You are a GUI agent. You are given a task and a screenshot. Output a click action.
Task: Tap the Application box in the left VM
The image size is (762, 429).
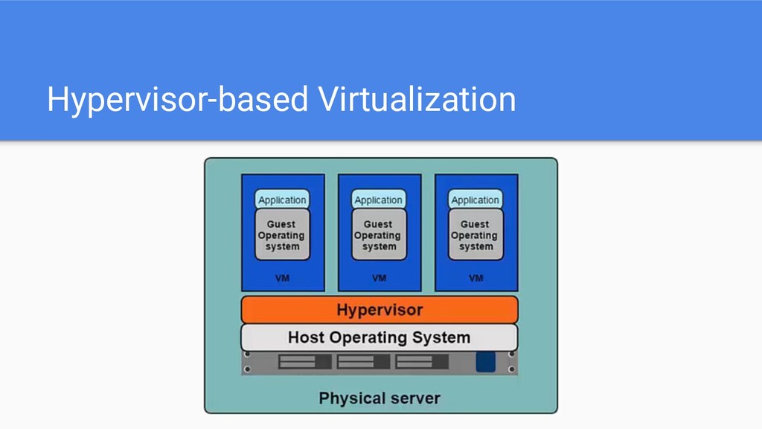281,200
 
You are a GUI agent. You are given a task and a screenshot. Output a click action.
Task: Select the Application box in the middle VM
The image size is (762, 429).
378,200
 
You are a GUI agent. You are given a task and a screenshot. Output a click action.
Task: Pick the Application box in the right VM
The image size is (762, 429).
475,200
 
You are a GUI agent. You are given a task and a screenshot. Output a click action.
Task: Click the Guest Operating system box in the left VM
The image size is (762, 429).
281,235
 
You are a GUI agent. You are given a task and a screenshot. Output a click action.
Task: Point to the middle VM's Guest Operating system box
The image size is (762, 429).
378,235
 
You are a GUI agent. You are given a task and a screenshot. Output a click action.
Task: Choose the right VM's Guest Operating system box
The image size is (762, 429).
475,235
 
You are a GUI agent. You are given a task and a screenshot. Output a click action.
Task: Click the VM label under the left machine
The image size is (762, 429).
282,278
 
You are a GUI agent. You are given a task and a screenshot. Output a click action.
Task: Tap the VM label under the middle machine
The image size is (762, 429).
379,278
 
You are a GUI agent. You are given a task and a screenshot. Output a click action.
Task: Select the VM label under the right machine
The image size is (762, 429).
476,278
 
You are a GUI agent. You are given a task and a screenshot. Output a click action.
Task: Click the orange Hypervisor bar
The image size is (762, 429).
379,309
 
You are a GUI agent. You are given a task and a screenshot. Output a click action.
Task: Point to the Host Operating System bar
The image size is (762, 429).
379,337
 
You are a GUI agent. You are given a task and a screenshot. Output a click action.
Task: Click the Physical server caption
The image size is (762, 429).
380,398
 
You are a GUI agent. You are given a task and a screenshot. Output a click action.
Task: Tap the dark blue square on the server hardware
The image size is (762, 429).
485,362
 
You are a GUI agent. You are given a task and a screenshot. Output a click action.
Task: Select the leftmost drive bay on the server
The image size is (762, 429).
305,362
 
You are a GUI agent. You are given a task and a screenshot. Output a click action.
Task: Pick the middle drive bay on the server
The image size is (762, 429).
363,362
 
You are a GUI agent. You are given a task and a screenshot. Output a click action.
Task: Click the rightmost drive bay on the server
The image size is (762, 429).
422,362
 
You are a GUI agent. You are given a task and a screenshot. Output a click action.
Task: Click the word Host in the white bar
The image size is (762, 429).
306,337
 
